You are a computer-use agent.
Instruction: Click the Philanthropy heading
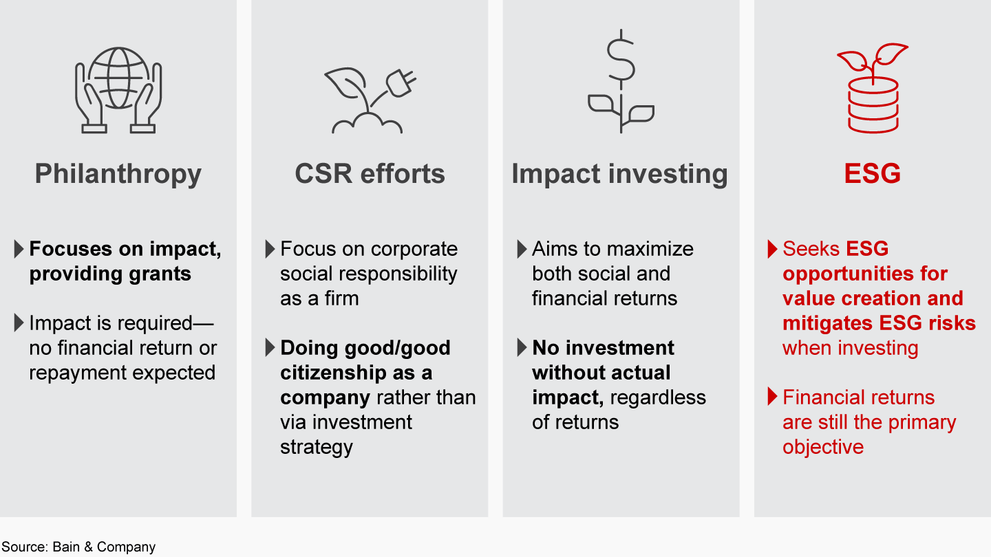pyautogui.click(x=118, y=174)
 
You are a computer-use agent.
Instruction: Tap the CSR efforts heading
pyautogui.click(x=370, y=174)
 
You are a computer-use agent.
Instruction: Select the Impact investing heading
pyautogui.click(x=619, y=174)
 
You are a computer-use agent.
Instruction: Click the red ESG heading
pyautogui.click(x=872, y=174)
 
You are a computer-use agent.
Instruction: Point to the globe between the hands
pyautogui.click(x=118, y=77)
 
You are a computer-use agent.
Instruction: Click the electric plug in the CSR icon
pyautogui.click(x=399, y=83)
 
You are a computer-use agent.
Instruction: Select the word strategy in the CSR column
pyautogui.click(x=316, y=447)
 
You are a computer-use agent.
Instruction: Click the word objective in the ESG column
pyautogui.click(x=822, y=447)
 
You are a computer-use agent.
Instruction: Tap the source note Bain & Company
pyautogui.click(x=104, y=547)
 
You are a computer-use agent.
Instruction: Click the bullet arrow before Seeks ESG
pyautogui.click(x=772, y=249)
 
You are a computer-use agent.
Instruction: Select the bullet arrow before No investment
pyautogui.click(x=522, y=348)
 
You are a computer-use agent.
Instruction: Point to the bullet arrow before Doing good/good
pyautogui.click(x=270, y=348)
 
